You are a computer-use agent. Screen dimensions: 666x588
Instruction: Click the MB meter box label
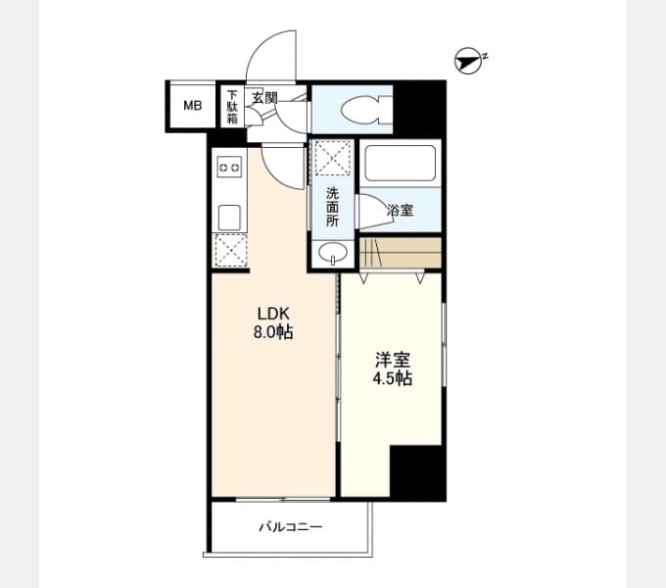192,105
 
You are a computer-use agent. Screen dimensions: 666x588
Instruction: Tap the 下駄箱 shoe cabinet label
232,106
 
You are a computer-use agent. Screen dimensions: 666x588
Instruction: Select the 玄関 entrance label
264,98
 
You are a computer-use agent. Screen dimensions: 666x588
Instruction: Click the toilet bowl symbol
362,110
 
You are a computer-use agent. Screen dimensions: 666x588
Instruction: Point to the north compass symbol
470,61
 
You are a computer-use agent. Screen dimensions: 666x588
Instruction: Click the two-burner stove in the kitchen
229,167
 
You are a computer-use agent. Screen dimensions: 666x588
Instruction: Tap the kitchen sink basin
229,218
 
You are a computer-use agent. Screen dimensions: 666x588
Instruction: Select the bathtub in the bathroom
401,163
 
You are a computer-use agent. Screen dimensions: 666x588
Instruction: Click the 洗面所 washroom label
332,207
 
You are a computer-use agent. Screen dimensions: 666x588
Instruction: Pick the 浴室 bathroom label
401,210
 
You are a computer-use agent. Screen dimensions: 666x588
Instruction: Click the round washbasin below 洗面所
333,253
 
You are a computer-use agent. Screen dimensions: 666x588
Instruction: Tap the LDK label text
273,314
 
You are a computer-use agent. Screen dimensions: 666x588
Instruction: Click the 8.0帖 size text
273,332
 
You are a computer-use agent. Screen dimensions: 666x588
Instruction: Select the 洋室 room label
393,360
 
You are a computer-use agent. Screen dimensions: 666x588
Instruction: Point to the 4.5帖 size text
393,378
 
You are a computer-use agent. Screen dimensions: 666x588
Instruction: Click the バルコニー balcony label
291,527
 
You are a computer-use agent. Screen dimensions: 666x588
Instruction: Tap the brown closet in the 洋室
401,253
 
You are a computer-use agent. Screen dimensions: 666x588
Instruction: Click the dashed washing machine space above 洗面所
333,158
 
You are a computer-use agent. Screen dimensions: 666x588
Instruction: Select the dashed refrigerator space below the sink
230,250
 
